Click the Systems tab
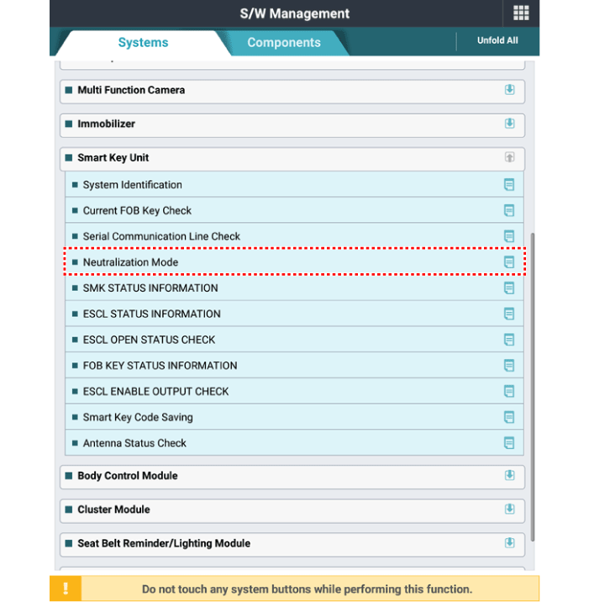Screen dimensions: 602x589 pyautogui.click(x=143, y=43)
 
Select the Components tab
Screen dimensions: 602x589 pyautogui.click(x=283, y=43)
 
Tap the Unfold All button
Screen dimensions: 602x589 pyautogui.click(x=497, y=40)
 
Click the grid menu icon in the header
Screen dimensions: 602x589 pyautogui.click(x=521, y=13)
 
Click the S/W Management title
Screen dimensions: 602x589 pyautogui.click(x=294, y=13)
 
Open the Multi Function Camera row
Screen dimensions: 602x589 pyautogui.click(x=131, y=90)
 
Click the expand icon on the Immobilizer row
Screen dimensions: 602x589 pyautogui.click(x=509, y=124)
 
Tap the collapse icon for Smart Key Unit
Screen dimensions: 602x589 pyautogui.click(x=509, y=157)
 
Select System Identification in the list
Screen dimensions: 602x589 pyautogui.click(x=132, y=185)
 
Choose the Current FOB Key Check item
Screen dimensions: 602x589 pyautogui.click(x=137, y=211)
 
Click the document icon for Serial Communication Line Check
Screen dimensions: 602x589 pyautogui.click(x=508, y=236)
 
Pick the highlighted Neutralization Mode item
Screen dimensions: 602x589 pyautogui.click(x=130, y=262)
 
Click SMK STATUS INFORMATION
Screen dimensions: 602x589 pyautogui.click(x=150, y=288)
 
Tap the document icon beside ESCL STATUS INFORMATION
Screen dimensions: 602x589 pyautogui.click(x=508, y=314)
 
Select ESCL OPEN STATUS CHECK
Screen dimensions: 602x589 pyautogui.click(x=149, y=340)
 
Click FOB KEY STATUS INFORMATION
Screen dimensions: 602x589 pyautogui.click(x=160, y=366)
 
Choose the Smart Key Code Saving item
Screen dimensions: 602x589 pyautogui.click(x=138, y=417)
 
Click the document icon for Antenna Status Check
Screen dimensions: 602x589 pyautogui.click(x=508, y=443)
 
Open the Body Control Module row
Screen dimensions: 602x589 pyautogui.click(x=128, y=476)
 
